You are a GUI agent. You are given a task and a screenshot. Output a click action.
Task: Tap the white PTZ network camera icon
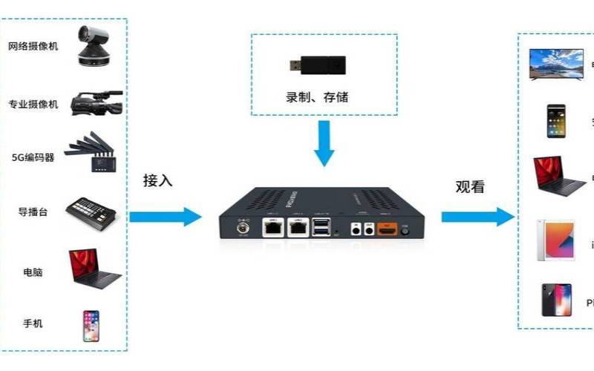tap(94, 46)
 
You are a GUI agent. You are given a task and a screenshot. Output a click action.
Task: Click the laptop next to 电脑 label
tap(94, 269)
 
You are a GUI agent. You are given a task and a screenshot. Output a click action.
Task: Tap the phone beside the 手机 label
tap(91, 325)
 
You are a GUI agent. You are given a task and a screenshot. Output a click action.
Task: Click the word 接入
tap(157, 180)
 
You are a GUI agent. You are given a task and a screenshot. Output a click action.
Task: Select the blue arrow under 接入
tap(165, 217)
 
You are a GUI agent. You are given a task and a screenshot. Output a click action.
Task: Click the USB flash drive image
tap(316, 66)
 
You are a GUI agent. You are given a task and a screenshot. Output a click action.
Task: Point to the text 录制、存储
tap(317, 96)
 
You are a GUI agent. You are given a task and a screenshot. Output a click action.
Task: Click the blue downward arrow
tap(324, 145)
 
